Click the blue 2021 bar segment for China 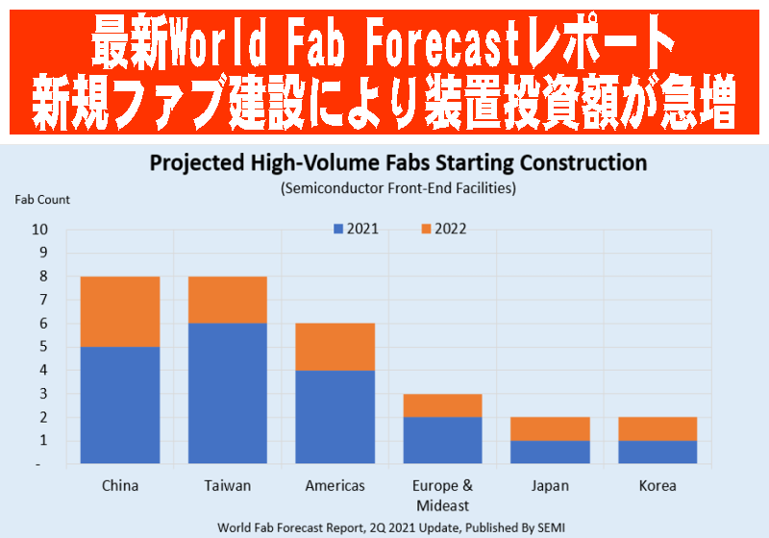point(120,405)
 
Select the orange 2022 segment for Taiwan point(228,300)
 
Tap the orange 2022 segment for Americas point(335,347)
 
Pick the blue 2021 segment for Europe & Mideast point(443,440)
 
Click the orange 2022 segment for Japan point(550,428)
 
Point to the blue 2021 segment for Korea point(657,452)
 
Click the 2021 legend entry point(356,229)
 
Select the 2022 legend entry point(444,229)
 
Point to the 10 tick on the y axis point(39,230)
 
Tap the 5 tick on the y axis point(43,347)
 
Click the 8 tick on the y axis point(43,277)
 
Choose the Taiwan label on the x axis point(228,485)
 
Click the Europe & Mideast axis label point(443,496)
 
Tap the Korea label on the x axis point(657,485)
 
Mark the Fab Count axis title point(42,200)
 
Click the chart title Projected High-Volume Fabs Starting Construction point(398,163)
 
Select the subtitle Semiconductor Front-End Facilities point(398,188)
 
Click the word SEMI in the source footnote point(551,527)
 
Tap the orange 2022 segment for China point(120,311)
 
